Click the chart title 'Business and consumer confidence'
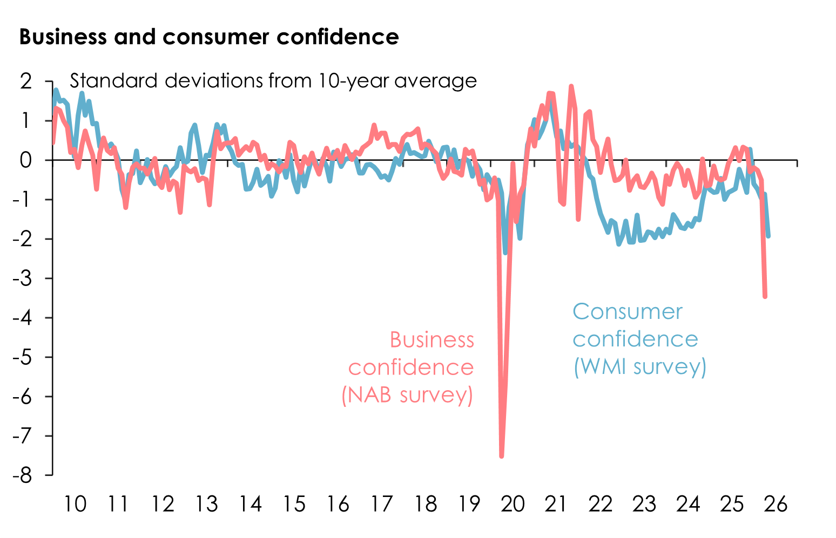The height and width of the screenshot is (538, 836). (209, 37)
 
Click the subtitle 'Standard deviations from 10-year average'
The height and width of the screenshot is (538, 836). (273, 81)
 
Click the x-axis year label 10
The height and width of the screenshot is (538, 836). (75, 504)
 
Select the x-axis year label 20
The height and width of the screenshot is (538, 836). (513, 504)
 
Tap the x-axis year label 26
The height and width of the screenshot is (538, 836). (776, 504)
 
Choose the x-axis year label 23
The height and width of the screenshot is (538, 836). (644, 504)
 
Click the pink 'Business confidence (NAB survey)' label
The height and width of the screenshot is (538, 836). (410, 367)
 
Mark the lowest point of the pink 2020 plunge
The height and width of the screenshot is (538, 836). (502, 457)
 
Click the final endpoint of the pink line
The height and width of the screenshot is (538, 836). (765, 296)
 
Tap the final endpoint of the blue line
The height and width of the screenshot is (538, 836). (768, 236)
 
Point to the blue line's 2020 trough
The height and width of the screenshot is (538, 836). (505, 253)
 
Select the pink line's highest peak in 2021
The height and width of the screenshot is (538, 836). (571, 86)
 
